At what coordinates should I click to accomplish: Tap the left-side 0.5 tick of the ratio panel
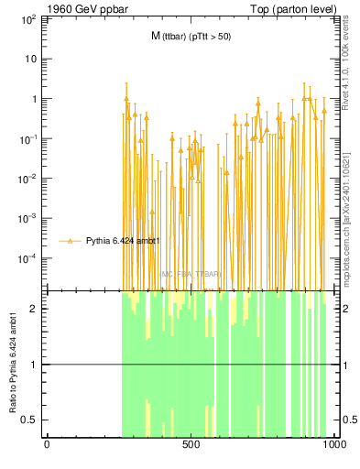(x=32, y=420)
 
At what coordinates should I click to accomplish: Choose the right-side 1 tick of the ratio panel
(x=345, y=365)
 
